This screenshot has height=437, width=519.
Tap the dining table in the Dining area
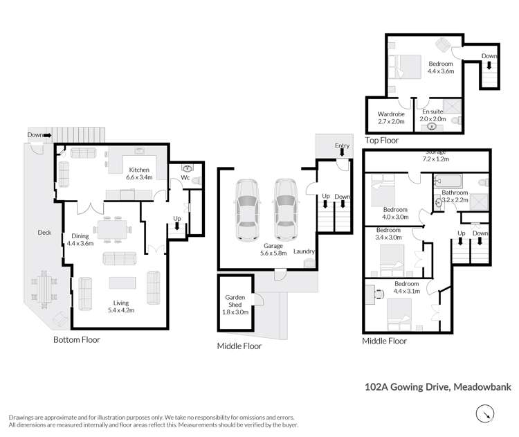point(112,229)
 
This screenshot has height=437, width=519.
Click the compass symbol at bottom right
point(486,413)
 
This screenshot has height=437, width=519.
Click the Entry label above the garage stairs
point(342,145)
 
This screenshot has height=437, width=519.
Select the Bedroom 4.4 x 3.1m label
point(406,288)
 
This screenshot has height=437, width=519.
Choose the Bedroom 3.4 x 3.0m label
point(388,233)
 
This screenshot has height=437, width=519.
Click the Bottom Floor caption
point(77,340)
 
